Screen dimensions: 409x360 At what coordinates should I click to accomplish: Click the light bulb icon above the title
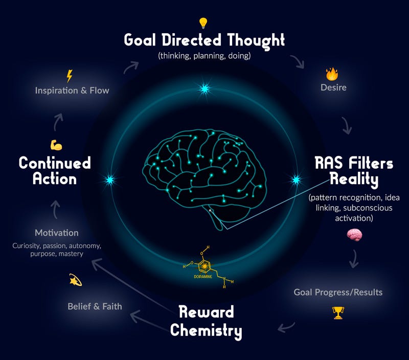[x=204, y=23]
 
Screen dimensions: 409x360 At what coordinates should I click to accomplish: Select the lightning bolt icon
[x=70, y=76]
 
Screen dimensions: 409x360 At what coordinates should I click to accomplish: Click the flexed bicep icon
[x=56, y=145]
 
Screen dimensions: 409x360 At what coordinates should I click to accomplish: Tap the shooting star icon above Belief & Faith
[x=76, y=280]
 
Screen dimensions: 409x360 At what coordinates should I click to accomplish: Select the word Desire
[x=333, y=87]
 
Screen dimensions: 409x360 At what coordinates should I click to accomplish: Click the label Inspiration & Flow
[x=72, y=91]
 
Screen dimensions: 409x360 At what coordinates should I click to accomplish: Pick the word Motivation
[x=56, y=233]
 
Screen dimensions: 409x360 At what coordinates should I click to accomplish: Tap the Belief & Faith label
[x=95, y=306]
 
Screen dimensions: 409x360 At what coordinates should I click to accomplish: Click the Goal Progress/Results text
[x=338, y=292]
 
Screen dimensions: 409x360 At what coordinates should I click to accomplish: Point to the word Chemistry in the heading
[x=206, y=330]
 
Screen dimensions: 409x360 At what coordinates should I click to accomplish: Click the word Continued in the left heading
[x=55, y=163]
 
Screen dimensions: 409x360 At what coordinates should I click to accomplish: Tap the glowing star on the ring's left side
[x=108, y=180]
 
